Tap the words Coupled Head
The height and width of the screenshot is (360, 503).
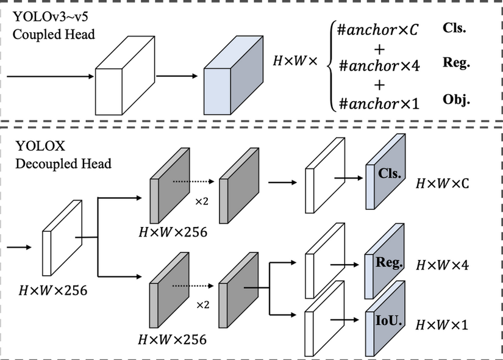click(54, 34)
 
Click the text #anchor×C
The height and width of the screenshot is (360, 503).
click(379, 29)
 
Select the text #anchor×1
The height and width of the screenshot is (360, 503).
click(379, 103)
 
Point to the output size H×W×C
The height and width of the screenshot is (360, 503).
click(442, 182)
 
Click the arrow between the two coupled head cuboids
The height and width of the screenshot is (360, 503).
click(177, 76)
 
